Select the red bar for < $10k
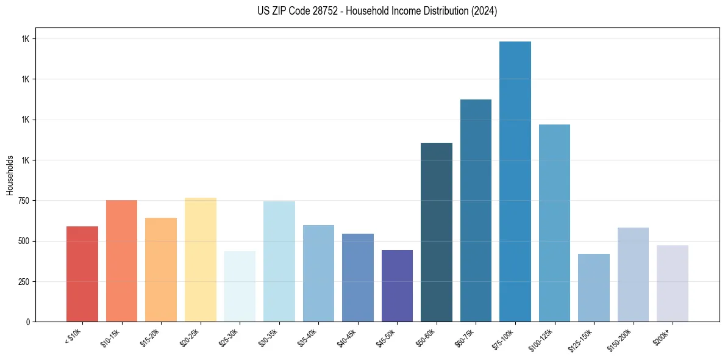[x=82, y=274]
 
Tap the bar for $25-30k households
[x=240, y=286]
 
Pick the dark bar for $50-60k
[x=437, y=232]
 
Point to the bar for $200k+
[x=672, y=283]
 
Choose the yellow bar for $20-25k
[x=201, y=259]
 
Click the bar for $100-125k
[x=554, y=223]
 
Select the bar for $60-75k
[x=476, y=211]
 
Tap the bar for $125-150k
[x=593, y=287]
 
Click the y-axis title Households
[x=10, y=175]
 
